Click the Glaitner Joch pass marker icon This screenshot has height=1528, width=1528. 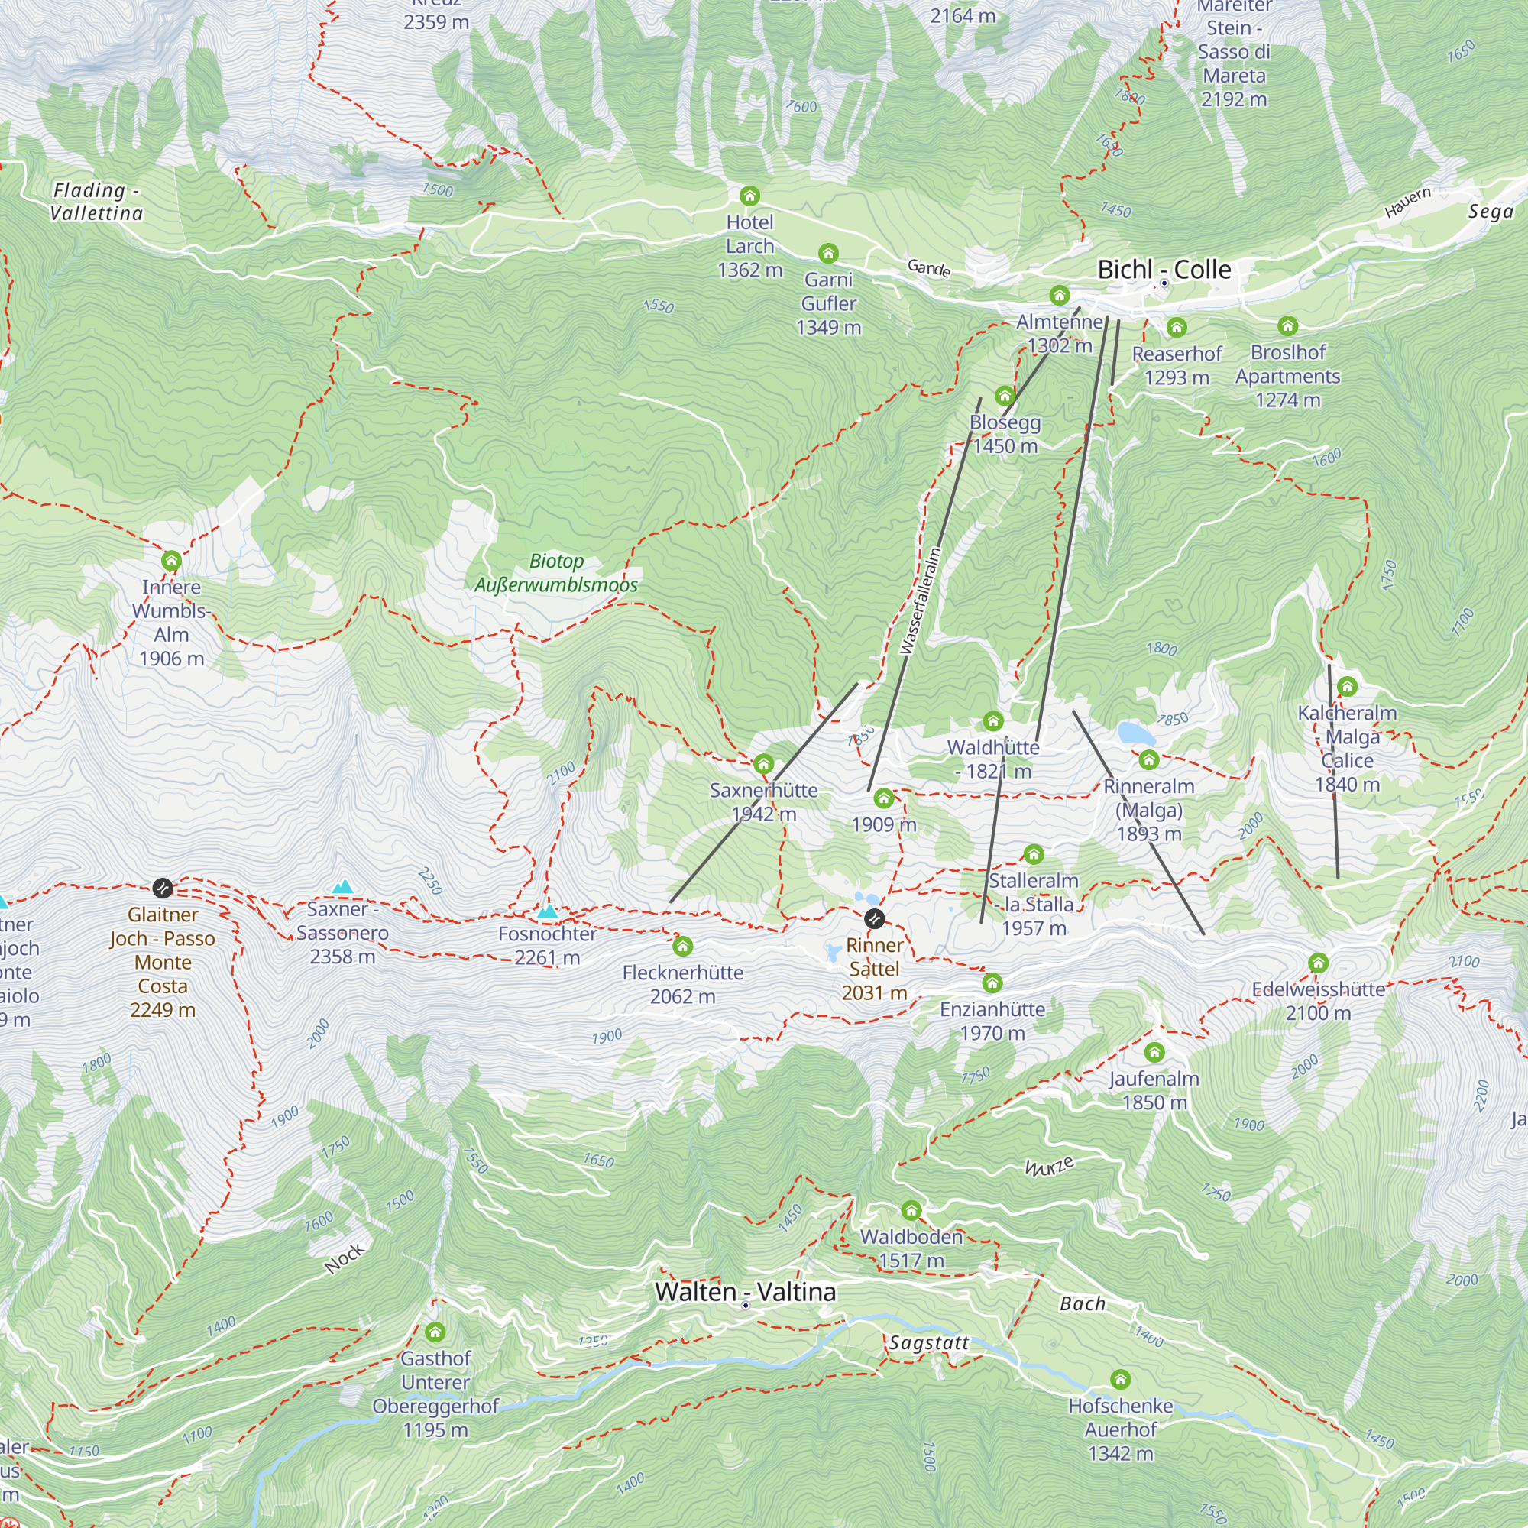pos(162,889)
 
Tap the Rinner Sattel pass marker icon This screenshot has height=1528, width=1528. pos(874,918)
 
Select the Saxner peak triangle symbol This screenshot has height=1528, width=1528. pos(342,886)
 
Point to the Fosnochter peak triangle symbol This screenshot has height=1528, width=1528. pos(547,912)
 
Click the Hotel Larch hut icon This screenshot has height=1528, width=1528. pos(749,196)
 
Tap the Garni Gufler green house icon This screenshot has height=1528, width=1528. pos(828,253)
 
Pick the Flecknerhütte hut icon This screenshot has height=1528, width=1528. pos(682,946)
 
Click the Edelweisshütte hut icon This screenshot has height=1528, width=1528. pos(1318,963)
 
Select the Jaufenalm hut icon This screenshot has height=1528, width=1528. pos(1154,1052)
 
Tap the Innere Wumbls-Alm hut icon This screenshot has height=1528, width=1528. pos(172,561)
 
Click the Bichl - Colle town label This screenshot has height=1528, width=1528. pos(1164,270)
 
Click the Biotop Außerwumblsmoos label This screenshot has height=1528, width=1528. pos(556,572)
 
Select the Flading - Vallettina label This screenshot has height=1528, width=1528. pos(96,202)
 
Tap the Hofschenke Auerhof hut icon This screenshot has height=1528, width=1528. pos(1120,1379)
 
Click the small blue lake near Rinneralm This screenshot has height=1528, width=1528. pos(1136,733)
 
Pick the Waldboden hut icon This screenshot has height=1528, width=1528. pos(911,1210)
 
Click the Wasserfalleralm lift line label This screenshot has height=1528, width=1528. pos(921,601)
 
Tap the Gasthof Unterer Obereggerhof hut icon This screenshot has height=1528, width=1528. pos(435,1332)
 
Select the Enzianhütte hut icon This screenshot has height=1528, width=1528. pos(992,983)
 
